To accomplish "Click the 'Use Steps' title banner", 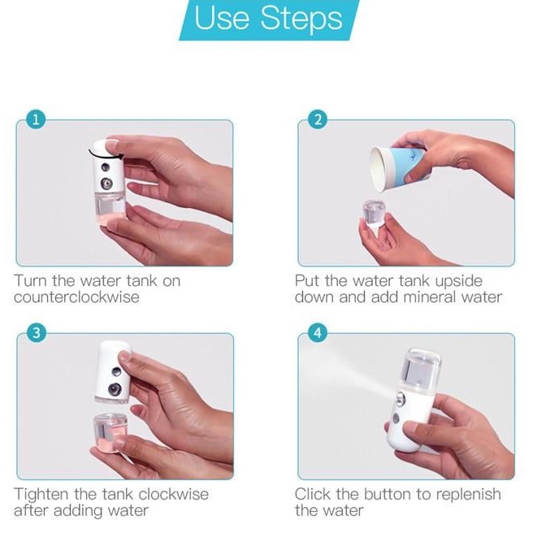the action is pyautogui.click(x=269, y=19).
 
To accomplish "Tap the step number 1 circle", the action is pyautogui.click(x=36, y=120).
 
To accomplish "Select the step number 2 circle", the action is pyautogui.click(x=318, y=120).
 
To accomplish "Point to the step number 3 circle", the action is pyautogui.click(x=37, y=333).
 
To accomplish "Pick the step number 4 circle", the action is pyautogui.click(x=318, y=333).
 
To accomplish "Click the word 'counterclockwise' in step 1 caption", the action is pyautogui.click(x=76, y=297).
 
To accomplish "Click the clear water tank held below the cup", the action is pyautogui.click(x=374, y=214).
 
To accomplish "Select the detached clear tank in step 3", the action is pyautogui.click(x=110, y=431).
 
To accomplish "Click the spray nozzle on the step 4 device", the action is pyautogui.click(x=400, y=399).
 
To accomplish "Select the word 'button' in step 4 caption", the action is pyautogui.click(x=388, y=494).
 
